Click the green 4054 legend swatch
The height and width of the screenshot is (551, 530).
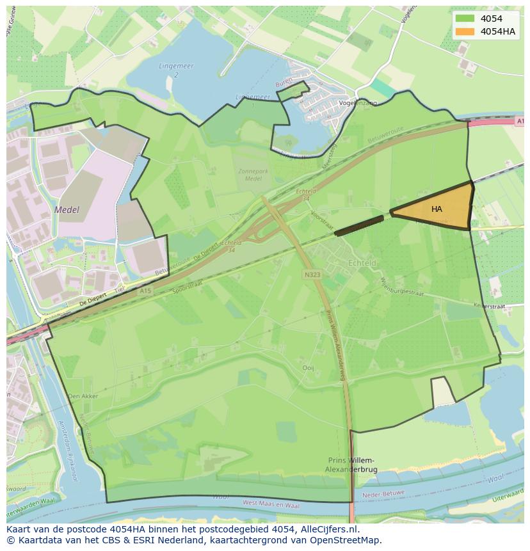[465, 19]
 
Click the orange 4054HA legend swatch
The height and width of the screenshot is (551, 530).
[465, 31]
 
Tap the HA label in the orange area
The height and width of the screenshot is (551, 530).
[437, 209]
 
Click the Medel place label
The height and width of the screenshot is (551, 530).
[67, 210]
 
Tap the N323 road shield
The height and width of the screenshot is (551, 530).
[312, 274]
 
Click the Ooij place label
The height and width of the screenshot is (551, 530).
[309, 367]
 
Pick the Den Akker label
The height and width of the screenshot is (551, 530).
[83, 396]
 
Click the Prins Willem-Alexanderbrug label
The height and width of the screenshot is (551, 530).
[352, 465]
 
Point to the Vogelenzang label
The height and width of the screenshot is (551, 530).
[358, 103]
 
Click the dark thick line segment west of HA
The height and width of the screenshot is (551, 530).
[359, 225]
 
